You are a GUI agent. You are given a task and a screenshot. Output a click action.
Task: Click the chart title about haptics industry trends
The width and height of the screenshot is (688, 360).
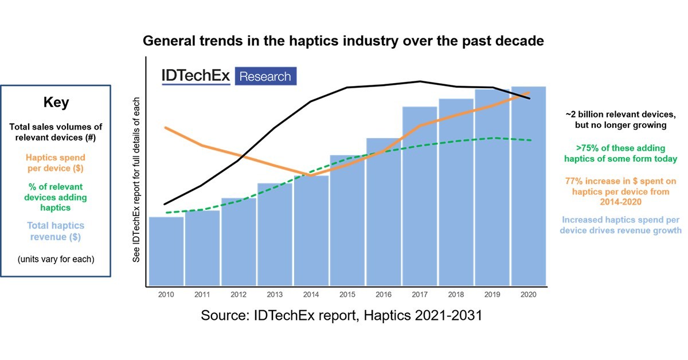(x=343, y=41)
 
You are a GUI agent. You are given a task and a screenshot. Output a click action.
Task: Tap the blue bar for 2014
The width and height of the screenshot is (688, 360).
(x=311, y=230)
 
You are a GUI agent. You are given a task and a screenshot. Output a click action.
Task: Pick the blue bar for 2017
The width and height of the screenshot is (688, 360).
(x=420, y=195)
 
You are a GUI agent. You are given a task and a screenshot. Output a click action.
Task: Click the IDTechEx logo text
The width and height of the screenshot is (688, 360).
(x=196, y=76)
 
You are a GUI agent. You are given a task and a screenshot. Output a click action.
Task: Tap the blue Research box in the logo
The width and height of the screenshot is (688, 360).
(x=265, y=76)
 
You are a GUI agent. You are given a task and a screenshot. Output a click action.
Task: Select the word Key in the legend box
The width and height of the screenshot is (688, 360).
(x=56, y=103)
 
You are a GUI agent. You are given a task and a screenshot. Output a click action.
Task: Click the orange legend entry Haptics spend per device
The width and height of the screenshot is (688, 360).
(x=56, y=163)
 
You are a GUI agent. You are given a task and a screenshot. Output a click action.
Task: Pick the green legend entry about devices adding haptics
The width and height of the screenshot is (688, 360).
(x=56, y=197)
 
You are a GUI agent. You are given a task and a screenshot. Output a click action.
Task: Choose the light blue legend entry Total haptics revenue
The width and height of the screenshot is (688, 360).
(x=56, y=231)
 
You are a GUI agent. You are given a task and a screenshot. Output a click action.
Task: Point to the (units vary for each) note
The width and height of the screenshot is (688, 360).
(x=56, y=259)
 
